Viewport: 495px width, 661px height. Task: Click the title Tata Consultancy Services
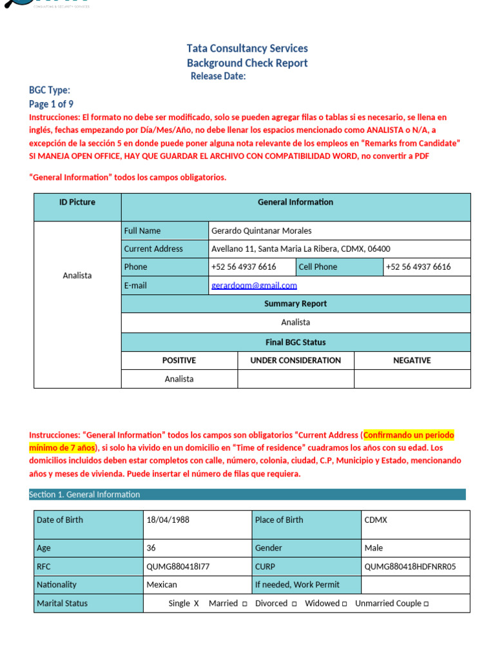coord(247,48)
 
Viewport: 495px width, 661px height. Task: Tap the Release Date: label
coord(218,76)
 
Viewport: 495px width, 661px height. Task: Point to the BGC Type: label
coord(50,90)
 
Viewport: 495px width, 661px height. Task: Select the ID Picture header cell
coord(77,202)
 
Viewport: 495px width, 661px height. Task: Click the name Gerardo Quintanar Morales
coord(261,230)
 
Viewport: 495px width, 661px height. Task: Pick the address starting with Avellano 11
coord(300,249)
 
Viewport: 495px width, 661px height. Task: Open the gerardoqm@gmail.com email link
coord(254,285)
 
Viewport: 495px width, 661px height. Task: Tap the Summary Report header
coord(295,303)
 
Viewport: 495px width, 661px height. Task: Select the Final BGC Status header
coord(295,342)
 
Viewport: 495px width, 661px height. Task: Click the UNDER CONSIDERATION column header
coord(295,360)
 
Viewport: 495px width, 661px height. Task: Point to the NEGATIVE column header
coord(412,360)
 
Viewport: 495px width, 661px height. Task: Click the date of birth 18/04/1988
coord(168,520)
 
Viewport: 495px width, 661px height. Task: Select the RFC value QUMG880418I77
coord(178,566)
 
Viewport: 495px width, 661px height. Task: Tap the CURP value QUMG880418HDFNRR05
coord(410,566)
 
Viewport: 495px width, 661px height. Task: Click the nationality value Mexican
coord(162,584)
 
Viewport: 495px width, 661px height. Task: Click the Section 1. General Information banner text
coord(84,494)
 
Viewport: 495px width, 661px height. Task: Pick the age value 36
coord(151,548)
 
